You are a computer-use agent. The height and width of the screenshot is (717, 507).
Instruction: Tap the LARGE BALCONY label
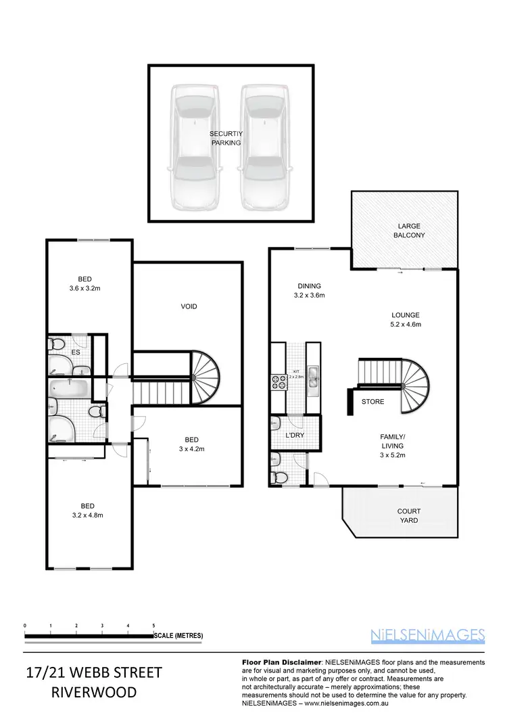tap(408, 230)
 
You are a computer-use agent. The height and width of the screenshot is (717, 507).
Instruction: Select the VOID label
tap(189, 306)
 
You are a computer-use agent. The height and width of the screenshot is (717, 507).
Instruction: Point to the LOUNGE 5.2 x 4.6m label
tap(406, 319)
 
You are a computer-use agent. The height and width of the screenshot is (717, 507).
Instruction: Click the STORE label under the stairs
tap(372, 402)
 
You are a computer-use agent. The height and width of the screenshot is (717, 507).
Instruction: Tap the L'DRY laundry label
tap(295, 435)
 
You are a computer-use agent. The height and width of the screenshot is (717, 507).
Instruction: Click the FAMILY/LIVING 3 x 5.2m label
tap(392, 446)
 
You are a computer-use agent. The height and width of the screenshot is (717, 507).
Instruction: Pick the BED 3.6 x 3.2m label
tap(84, 283)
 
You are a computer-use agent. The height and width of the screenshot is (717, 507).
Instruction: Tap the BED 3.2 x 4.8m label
tap(87, 510)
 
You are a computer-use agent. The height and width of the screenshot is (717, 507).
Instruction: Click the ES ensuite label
tap(76, 352)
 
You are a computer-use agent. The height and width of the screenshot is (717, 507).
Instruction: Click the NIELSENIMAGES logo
tap(428, 634)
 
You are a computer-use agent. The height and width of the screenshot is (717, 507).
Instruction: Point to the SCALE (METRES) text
tap(178, 636)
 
